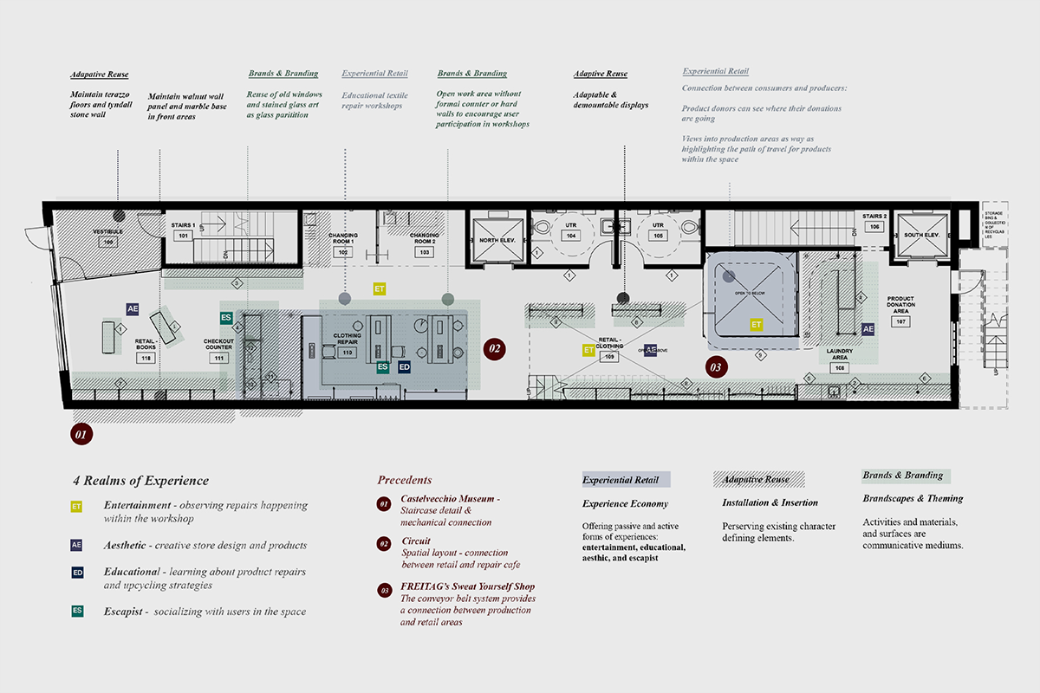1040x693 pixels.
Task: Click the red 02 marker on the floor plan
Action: [494, 350]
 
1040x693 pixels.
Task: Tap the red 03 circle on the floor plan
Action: [717, 366]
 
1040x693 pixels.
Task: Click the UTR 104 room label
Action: [570, 230]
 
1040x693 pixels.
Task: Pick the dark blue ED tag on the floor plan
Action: [404, 367]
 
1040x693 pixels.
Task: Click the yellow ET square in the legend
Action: [77, 506]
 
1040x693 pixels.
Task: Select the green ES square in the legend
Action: [77, 611]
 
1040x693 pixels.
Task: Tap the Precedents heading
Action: [404, 480]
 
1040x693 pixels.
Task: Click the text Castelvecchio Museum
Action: [449, 500]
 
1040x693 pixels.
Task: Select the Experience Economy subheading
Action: [625, 503]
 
